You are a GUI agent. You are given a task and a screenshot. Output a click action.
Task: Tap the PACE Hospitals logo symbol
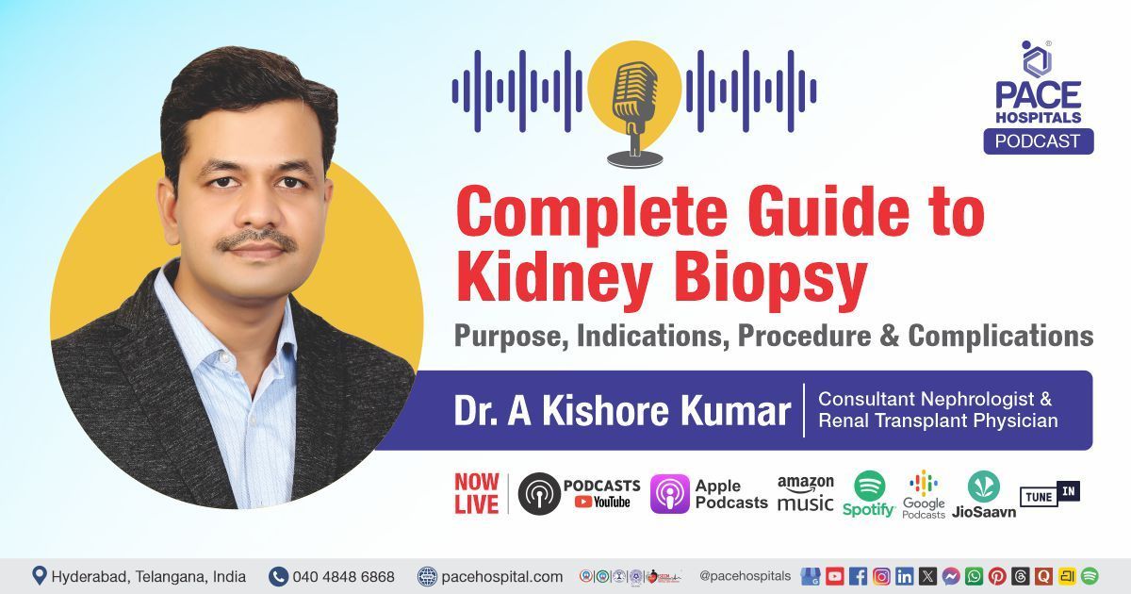click(x=1037, y=59)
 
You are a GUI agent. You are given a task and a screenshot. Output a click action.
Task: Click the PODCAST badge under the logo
click(x=1039, y=140)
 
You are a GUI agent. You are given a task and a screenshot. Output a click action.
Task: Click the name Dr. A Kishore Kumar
click(x=622, y=411)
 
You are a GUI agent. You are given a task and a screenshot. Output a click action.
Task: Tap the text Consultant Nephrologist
click(x=935, y=399)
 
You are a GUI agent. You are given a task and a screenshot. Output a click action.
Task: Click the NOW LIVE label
click(x=477, y=494)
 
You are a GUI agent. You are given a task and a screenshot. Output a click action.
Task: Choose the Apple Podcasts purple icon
click(x=669, y=494)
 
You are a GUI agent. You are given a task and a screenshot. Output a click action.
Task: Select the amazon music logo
click(x=805, y=493)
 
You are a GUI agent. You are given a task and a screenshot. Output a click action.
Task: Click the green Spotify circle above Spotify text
click(x=869, y=485)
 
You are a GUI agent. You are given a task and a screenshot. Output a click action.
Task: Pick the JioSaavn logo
click(x=983, y=486)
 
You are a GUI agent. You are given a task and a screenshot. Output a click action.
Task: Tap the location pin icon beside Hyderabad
click(x=40, y=575)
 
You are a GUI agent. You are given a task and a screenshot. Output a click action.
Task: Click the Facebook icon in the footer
click(x=858, y=576)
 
